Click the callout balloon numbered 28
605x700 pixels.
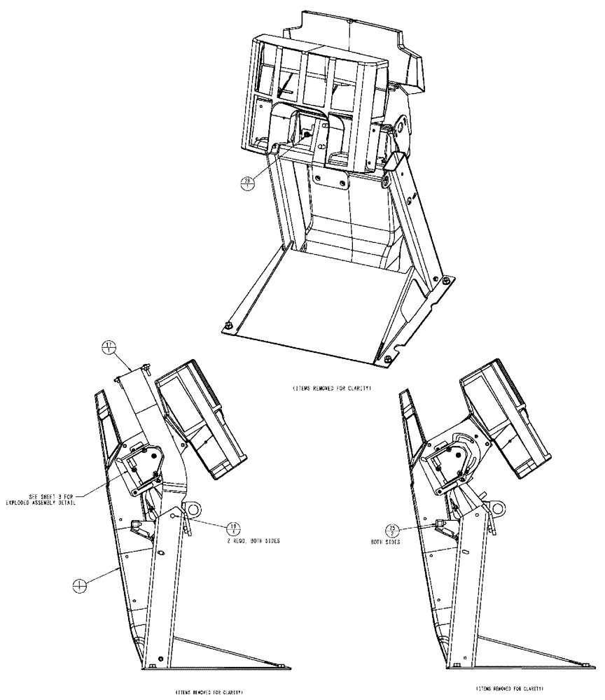point(248,183)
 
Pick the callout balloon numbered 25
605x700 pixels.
point(395,529)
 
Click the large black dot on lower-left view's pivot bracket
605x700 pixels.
point(146,453)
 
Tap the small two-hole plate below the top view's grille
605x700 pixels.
point(330,178)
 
